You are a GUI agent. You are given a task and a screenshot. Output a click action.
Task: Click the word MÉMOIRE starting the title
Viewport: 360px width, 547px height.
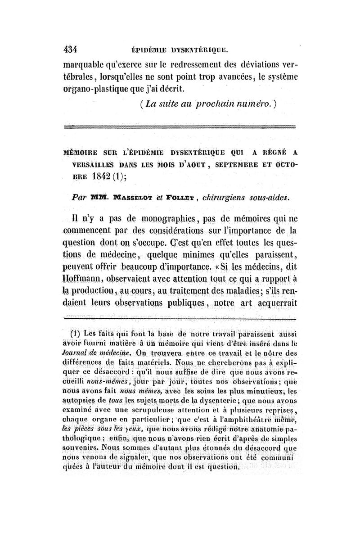(x=85, y=152)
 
